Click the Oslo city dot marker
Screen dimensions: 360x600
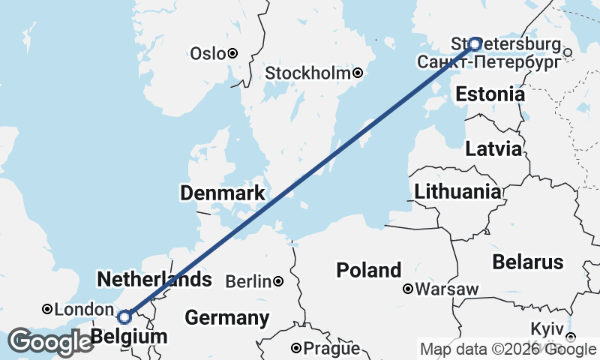tap(232, 53)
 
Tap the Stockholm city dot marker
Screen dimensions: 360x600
tap(358, 73)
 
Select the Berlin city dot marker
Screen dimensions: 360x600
tap(278, 281)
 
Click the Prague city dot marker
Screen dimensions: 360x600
tap(296, 348)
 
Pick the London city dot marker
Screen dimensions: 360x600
tap(47, 309)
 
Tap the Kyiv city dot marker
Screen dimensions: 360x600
tap(570, 337)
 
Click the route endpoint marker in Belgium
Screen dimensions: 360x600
tap(124, 316)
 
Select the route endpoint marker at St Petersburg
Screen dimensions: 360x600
tap(475, 43)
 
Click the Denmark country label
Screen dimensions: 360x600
tap(222, 193)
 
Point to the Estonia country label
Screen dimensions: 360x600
tap(490, 94)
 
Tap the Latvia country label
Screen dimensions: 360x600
tap(493, 148)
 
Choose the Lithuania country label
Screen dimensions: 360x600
tap(458, 191)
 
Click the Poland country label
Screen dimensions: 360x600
tap(368, 270)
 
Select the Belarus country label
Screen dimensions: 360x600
tap(527, 262)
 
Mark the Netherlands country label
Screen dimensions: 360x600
tap(154, 280)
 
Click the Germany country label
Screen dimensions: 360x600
tap(227, 317)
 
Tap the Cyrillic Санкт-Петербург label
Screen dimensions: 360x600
tap(488, 61)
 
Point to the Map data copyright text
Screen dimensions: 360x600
tap(507, 348)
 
